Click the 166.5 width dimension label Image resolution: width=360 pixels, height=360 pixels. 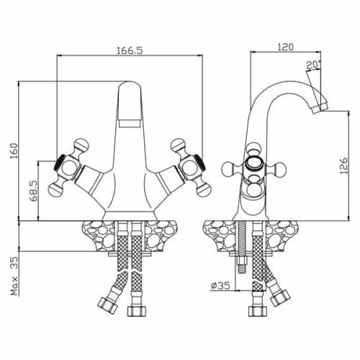pyautogui.click(x=130, y=50)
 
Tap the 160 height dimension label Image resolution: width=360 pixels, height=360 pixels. pyautogui.click(x=14, y=151)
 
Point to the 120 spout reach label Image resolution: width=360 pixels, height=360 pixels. pyautogui.click(x=286, y=47)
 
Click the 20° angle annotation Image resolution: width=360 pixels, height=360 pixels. pyautogui.click(x=313, y=65)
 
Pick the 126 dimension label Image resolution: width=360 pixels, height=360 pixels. pyautogui.click(x=344, y=166)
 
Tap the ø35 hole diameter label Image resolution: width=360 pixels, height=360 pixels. pyautogui.click(x=220, y=286)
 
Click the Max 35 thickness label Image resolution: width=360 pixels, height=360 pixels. pyautogui.click(x=14, y=276)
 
